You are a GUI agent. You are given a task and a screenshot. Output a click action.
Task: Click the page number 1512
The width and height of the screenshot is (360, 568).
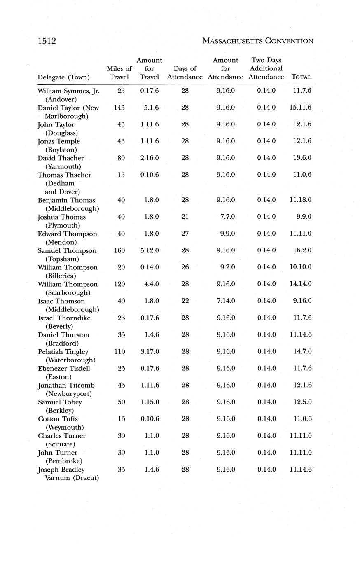pyautogui.click(x=47, y=41)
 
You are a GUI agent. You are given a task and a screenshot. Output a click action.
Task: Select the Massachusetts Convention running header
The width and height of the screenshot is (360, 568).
pyautogui.click(x=258, y=41)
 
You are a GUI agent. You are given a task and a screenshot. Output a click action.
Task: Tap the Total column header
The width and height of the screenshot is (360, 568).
pyautogui.click(x=301, y=77)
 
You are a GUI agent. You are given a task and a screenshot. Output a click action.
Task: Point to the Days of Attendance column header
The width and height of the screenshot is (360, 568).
pyautogui.click(x=185, y=72)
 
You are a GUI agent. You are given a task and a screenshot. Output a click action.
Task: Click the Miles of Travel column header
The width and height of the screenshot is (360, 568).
pyautogui.click(x=119, y=72)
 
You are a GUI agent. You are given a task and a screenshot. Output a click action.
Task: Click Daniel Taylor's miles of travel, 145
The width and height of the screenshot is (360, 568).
pyautogui.click(x=119, y=108)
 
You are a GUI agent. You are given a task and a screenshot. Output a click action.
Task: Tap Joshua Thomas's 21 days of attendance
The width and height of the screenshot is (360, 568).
pyautogui.click(x=185, y=217)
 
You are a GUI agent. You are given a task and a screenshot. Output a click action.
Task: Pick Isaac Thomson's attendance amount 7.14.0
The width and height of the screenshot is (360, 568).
pyautogui.click(x=225, y=301)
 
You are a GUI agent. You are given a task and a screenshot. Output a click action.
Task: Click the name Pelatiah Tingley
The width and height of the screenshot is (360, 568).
pyautogui.click(x=63, y=352)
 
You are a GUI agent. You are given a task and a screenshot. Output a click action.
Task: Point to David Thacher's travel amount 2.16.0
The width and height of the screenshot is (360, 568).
pyautogui.click(x=150, y=158)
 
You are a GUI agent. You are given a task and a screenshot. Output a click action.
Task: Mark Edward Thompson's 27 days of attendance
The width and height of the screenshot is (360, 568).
pyautogui.click(x=185, y=234)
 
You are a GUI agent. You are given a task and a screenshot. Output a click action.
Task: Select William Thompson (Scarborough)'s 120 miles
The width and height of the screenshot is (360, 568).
pyautogui.click(x=119, y=284)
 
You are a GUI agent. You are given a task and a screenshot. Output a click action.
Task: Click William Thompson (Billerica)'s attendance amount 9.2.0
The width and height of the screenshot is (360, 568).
pyautogui.click(x=227, y=267)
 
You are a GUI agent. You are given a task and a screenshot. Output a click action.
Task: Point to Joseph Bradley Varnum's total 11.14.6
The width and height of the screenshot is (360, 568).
pyautogui.click(x=300, y=470)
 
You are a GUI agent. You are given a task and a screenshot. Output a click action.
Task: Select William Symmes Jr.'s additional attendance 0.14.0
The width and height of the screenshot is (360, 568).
pyautogui.click(x=266, y=91)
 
